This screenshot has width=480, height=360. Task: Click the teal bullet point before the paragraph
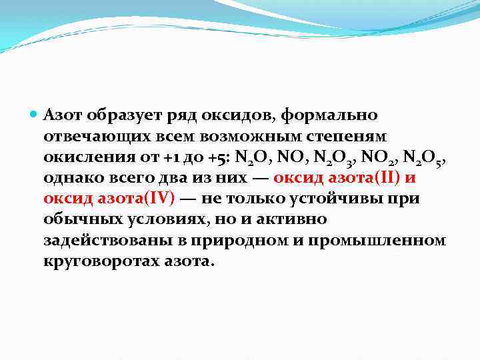[x=34, y=115]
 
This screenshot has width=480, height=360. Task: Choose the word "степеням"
[x=332, y=136]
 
